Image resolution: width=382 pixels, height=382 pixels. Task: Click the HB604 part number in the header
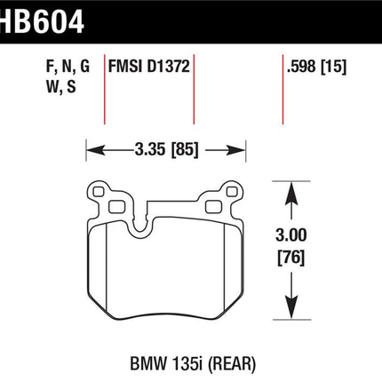point(42,20)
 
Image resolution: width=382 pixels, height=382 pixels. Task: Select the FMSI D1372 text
point(148,67)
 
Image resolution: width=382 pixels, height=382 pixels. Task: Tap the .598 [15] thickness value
point(316,67)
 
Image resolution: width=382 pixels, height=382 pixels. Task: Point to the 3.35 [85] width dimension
point(166,150)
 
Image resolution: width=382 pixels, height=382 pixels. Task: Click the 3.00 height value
point(291,235)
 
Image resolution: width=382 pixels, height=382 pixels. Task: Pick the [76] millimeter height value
point(291,258)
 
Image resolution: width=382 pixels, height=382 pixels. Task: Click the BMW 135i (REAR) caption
point(193,363)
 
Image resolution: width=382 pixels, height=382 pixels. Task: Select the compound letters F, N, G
point(68,67)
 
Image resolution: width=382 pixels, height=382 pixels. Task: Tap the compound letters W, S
point(61,87)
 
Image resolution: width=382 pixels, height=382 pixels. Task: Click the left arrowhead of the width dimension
point(95,150)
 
